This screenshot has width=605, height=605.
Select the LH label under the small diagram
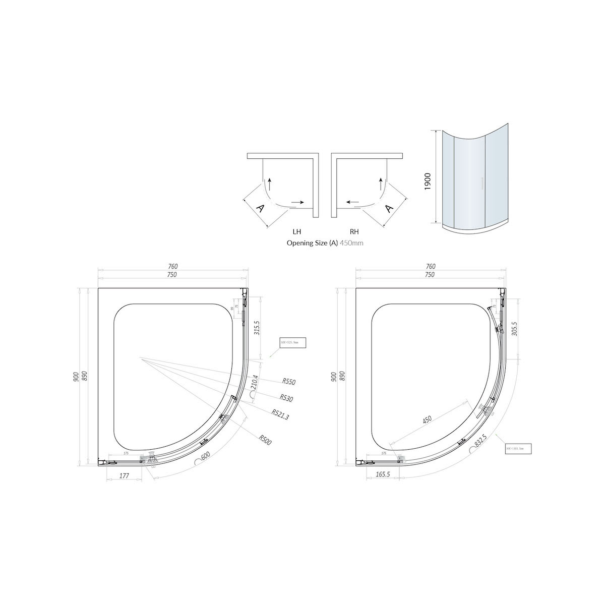(297, 232)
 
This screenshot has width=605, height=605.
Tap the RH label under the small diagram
(354, 232)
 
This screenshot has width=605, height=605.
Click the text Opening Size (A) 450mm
(325, 243)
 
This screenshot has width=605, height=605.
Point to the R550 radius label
(289, 382)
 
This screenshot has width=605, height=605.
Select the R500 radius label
(266, 440)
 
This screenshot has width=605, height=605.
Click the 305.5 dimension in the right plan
(514, 329)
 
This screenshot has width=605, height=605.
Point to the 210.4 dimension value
(255, 385)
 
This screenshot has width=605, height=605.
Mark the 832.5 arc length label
(480, 440)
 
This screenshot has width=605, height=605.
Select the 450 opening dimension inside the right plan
(428, 419)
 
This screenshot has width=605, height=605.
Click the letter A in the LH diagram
(261, 208)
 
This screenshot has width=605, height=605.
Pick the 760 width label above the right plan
(430, 266)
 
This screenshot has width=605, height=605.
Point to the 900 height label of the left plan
(76, 377)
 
